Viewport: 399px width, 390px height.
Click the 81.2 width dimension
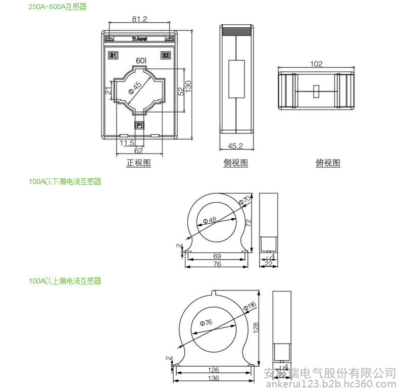pos(139,19)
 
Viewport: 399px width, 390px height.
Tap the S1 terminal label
pos(113,55)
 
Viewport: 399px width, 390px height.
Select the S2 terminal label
pos(165,55)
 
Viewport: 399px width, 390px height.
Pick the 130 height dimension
pos(188,85)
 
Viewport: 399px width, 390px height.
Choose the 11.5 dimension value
pos(127,143)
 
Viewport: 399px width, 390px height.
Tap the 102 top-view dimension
pos(316,64)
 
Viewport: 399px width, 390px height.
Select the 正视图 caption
pos(138,163)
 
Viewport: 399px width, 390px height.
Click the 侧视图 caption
pos(236,163)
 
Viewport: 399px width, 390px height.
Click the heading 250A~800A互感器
pos(58,7)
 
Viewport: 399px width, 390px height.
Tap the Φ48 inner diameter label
pos(210,220)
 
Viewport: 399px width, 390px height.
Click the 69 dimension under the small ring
pos(217,257)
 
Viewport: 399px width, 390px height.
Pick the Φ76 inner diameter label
pos(206,322)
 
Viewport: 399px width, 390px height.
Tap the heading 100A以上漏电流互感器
pos(65,281)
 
